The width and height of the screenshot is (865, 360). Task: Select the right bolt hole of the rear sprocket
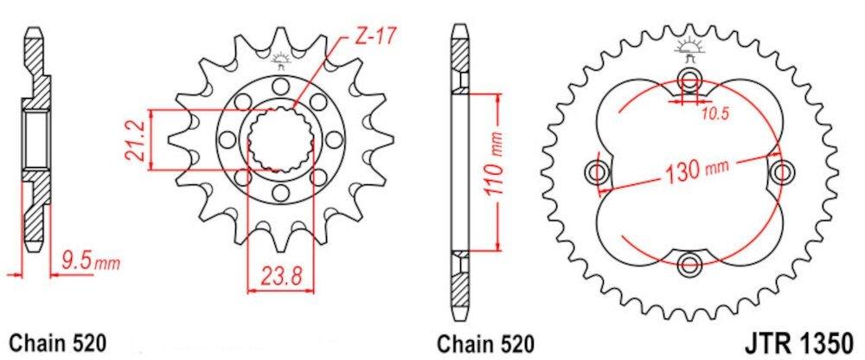(x=782, y=170)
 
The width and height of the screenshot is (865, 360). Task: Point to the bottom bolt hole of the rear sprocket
(x=689, y=263)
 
